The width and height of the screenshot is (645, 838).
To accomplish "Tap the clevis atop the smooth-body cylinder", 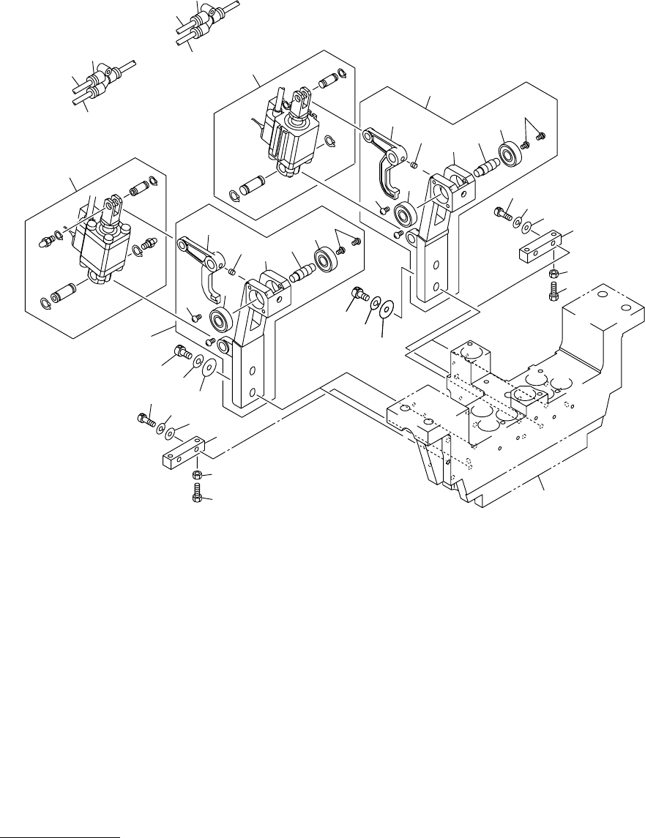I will pos(113,206).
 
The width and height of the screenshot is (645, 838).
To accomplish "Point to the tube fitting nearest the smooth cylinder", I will pos(99,77).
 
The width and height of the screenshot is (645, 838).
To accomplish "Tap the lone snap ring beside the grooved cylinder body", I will pos(330,141).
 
